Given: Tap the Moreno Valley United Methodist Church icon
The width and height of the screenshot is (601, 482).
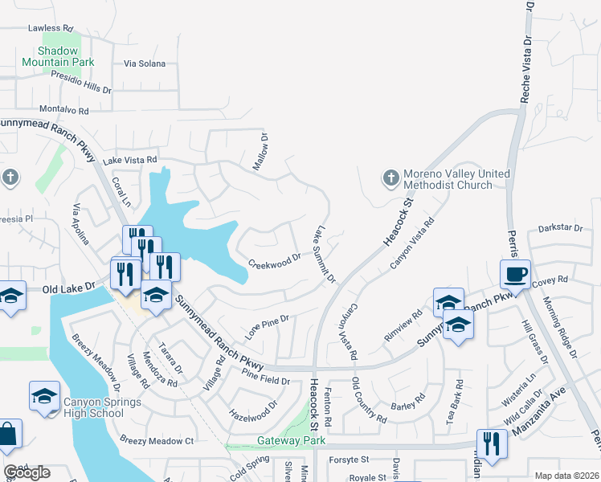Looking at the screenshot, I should pyautogui.click(x=390, y=178).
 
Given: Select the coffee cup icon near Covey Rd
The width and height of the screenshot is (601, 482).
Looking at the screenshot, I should pyautogui.click(x=515, y=275).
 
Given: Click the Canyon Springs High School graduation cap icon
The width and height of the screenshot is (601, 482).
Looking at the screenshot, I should pyautogui.click(x=44, y=396).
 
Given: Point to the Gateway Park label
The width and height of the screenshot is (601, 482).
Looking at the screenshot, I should pyautogui.click(x=291, y=441).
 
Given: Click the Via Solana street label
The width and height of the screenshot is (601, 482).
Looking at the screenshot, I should pyautogui.click(x=145, y=63).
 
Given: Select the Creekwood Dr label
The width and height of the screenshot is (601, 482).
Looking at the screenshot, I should pyautogui.click(x=274, y=261).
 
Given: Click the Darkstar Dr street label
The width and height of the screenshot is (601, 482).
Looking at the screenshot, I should pyautogui.click(x=560, y=229).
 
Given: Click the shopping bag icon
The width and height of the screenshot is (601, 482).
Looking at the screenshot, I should pyautogui.click(x=8, y=434).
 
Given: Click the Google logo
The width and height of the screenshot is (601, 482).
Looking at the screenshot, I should pyautogui.click(x=27, y=472).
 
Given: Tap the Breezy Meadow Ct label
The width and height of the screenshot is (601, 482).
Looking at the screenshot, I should pyautogui.click(x=157, y=440).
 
